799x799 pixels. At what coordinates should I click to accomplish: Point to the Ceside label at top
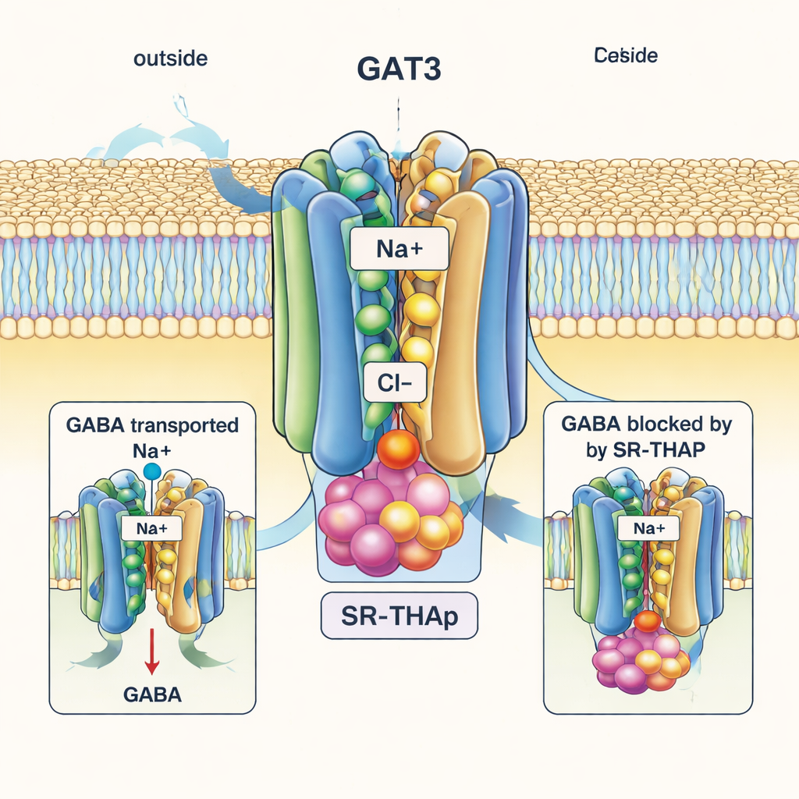click(625, 55)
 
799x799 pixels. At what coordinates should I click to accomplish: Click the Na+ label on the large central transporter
click(399, 251)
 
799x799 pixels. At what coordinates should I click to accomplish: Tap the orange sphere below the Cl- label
click(398, 449)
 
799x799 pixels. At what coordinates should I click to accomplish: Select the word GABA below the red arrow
click(152, 694)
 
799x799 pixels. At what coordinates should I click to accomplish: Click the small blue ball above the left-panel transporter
click(152, 471)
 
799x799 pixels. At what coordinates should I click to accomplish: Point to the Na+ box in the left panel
click(152, 528)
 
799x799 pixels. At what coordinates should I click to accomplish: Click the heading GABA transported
click(152, 426)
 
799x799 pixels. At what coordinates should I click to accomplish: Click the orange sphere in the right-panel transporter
click(647, 622)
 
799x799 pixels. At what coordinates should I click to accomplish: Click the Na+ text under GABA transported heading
click(152, 450)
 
